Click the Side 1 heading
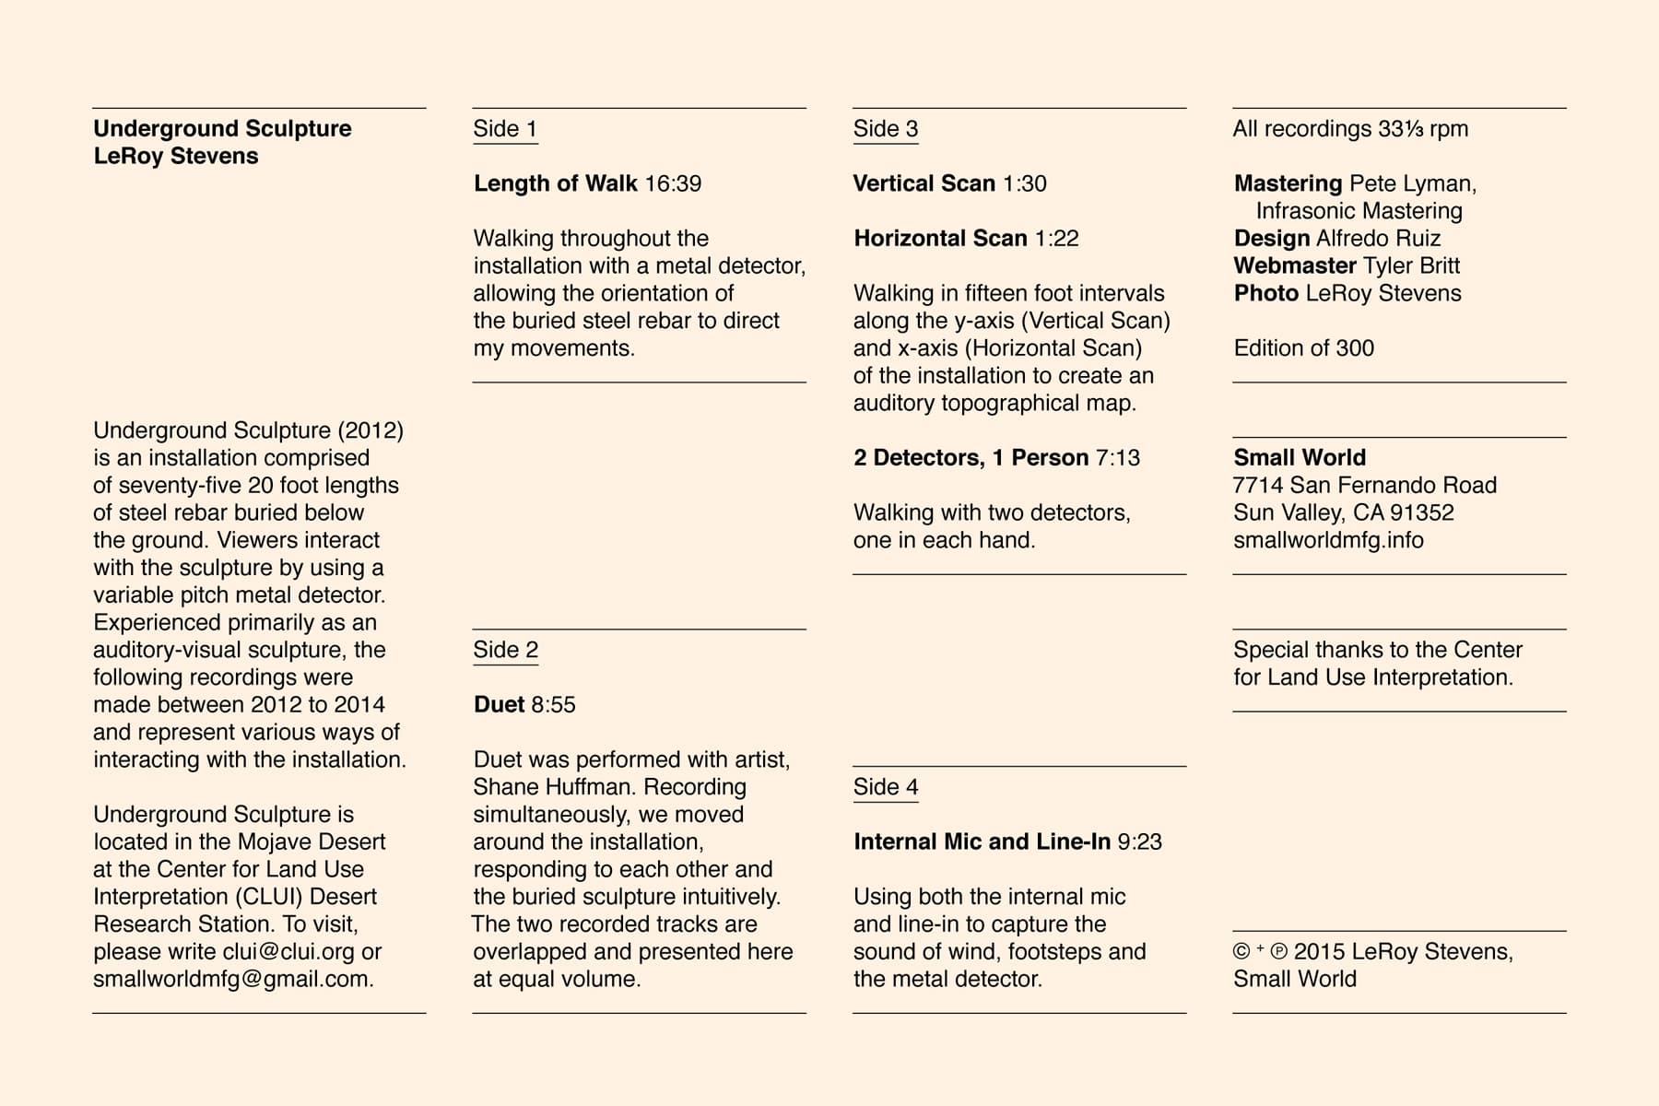(504, 129)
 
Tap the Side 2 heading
(505, 650)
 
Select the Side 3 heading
(885, 129)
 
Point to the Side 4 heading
(885, 787)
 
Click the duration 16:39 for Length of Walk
(673, 183)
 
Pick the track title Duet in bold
(499, 705)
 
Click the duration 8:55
(553, 705)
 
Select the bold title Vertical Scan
(924, 183)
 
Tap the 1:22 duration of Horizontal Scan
(1056, 239)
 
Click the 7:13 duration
(1117, 458)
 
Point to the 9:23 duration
(1139, 841)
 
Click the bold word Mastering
(1288, 183)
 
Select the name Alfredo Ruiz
(1378, 239)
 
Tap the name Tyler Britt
(1411, 266)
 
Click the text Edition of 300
(1303, 348)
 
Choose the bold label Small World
(1300, 458)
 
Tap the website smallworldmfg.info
(1328, 540)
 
